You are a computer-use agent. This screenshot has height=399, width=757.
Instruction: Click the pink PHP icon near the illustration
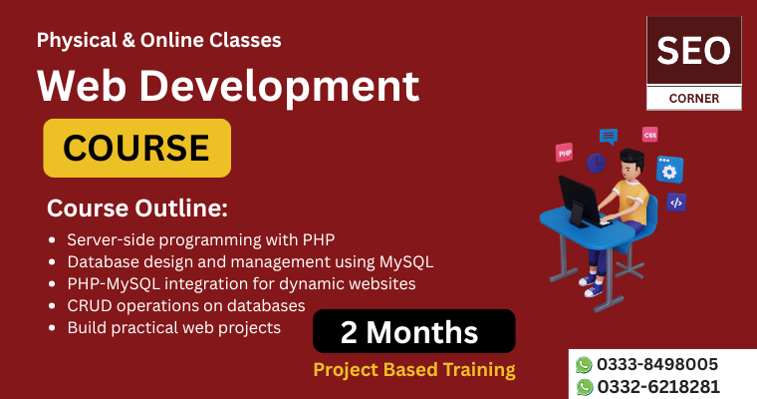pos(564,153)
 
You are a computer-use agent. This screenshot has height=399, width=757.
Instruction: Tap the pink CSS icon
pos(649,135)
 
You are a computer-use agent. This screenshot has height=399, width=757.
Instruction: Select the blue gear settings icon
pos(669,170)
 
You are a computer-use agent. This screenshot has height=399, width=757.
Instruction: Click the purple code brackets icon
pos(676,202)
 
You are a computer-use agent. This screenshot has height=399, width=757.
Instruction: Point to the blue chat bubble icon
pos(609,137)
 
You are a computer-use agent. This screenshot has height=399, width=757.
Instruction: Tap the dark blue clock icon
pos(597,163)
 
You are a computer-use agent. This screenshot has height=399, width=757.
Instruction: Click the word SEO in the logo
pos(694,51)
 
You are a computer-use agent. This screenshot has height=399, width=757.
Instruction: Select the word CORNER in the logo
pos(694,99)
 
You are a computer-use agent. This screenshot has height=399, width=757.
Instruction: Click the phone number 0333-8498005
pos(657,364)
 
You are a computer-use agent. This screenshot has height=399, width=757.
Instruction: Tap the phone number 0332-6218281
pos(658,387)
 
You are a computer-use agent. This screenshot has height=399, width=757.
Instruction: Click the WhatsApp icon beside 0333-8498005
pos(584,365)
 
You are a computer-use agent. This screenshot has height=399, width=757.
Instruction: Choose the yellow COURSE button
pos(137,148)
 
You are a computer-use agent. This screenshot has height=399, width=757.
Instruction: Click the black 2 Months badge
pos(413,331)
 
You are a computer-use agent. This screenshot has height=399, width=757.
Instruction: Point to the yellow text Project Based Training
pos(414,370)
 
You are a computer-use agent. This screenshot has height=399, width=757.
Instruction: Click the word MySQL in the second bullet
pos(406,262)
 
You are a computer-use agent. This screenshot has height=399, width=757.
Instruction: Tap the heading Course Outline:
pos(137,208)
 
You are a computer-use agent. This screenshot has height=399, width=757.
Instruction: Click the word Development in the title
pos(280,87)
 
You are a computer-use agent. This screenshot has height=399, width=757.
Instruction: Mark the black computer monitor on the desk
pos(580,199)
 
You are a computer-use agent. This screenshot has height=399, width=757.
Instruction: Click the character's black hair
pos(631,157)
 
